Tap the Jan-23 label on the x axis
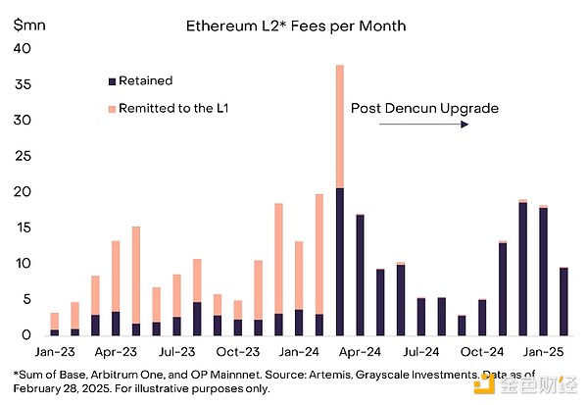coord(55,351)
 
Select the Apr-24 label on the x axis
coord(361,351)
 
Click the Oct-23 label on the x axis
coord(238,351)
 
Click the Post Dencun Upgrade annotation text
coord(424,108)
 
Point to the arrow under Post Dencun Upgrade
coord(440,126)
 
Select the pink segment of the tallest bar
coord(340,127)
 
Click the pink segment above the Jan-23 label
coord(55,321)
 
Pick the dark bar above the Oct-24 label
coord(482,318)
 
